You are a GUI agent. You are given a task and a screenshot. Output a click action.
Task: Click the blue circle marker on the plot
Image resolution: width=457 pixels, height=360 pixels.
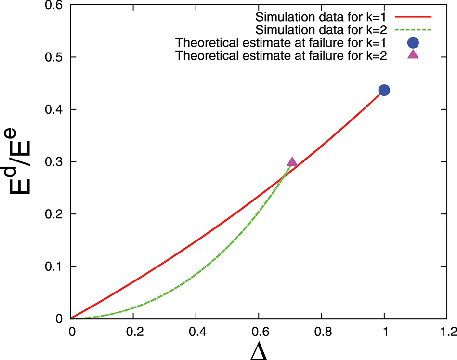[384, 90]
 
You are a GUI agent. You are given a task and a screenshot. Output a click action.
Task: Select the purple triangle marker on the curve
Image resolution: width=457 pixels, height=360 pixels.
[292, 162]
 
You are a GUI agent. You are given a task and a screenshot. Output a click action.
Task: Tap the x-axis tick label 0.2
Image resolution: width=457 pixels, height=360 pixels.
[133, 332]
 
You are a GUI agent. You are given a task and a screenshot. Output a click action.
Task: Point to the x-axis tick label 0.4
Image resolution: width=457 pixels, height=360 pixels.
[196, 332]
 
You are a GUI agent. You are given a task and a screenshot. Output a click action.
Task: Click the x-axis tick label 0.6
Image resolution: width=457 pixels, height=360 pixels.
[259, 332]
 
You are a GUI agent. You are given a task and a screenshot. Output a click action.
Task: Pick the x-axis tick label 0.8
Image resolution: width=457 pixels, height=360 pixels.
[321, 332]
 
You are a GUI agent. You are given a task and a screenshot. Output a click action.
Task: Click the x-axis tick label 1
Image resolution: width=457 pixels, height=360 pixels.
[384, 332]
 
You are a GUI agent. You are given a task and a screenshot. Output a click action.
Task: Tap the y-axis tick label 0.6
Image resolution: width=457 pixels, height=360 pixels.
[53, 5]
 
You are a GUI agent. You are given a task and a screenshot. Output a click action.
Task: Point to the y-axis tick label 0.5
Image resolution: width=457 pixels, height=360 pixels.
[53, 57]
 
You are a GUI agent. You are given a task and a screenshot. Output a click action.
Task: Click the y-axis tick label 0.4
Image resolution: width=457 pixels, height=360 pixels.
[53, 110]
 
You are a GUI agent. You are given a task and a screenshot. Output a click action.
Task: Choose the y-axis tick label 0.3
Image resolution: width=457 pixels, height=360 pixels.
[53, 162]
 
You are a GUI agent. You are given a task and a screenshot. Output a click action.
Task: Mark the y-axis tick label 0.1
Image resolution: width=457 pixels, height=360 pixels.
[53, 267]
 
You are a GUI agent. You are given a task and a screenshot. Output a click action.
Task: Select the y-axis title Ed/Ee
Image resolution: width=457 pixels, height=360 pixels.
[22, 161]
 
